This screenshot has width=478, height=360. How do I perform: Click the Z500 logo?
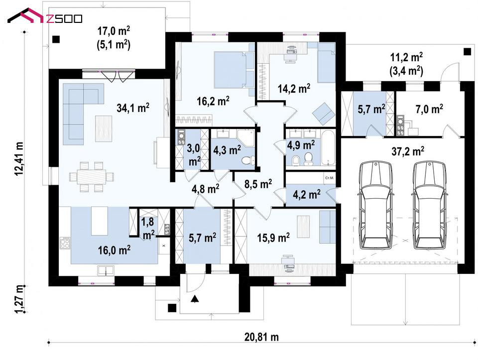point(45,17)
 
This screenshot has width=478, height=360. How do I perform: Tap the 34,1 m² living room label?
point(133,108)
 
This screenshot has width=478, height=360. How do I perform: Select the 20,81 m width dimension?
point(261,337)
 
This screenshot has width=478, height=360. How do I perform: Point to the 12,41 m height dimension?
point(19,159)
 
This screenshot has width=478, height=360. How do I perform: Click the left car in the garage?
point(374,206)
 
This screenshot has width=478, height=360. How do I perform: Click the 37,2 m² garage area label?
point(408,151)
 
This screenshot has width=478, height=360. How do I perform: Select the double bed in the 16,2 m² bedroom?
point(234,70)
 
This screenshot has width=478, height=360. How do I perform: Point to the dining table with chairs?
point(92,177)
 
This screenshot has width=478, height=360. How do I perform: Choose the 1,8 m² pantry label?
point(148,228)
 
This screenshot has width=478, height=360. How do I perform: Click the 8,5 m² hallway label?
point(258,184)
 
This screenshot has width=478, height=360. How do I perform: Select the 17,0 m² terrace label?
point(114,31)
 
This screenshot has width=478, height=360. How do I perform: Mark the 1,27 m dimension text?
point(19,299)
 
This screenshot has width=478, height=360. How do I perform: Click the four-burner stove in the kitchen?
point(65,243)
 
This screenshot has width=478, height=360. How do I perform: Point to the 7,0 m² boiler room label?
point(429,109)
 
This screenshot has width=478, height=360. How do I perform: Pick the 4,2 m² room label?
point(306,194)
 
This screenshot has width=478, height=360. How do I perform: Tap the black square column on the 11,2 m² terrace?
point(467,51)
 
